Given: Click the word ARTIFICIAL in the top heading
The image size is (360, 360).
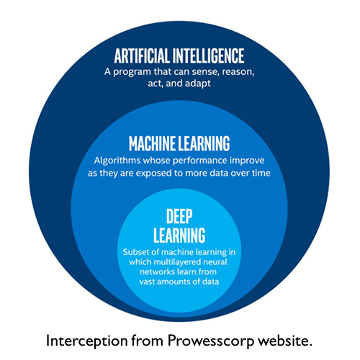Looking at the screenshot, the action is (x=142, y=55).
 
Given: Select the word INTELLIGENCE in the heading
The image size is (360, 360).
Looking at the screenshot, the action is (x=209, y=55).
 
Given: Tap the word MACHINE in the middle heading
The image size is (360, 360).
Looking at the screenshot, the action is (x=152, y=143).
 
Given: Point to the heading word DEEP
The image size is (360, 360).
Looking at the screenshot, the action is (x=179, y=216).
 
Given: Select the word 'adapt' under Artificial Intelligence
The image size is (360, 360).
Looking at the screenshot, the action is (x=198, y=84).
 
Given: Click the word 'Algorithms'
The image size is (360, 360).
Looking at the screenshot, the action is (x=117, y=161).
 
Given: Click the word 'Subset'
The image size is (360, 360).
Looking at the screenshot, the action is (x=134, y=252).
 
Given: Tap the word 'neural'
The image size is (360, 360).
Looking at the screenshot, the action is (x=215, y=262).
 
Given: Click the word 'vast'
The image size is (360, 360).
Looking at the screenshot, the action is (x=148, y=282).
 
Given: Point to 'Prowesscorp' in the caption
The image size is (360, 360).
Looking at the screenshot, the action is (x=211, y=341).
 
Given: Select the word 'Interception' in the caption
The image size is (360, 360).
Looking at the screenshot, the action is (x=87, y=341).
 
